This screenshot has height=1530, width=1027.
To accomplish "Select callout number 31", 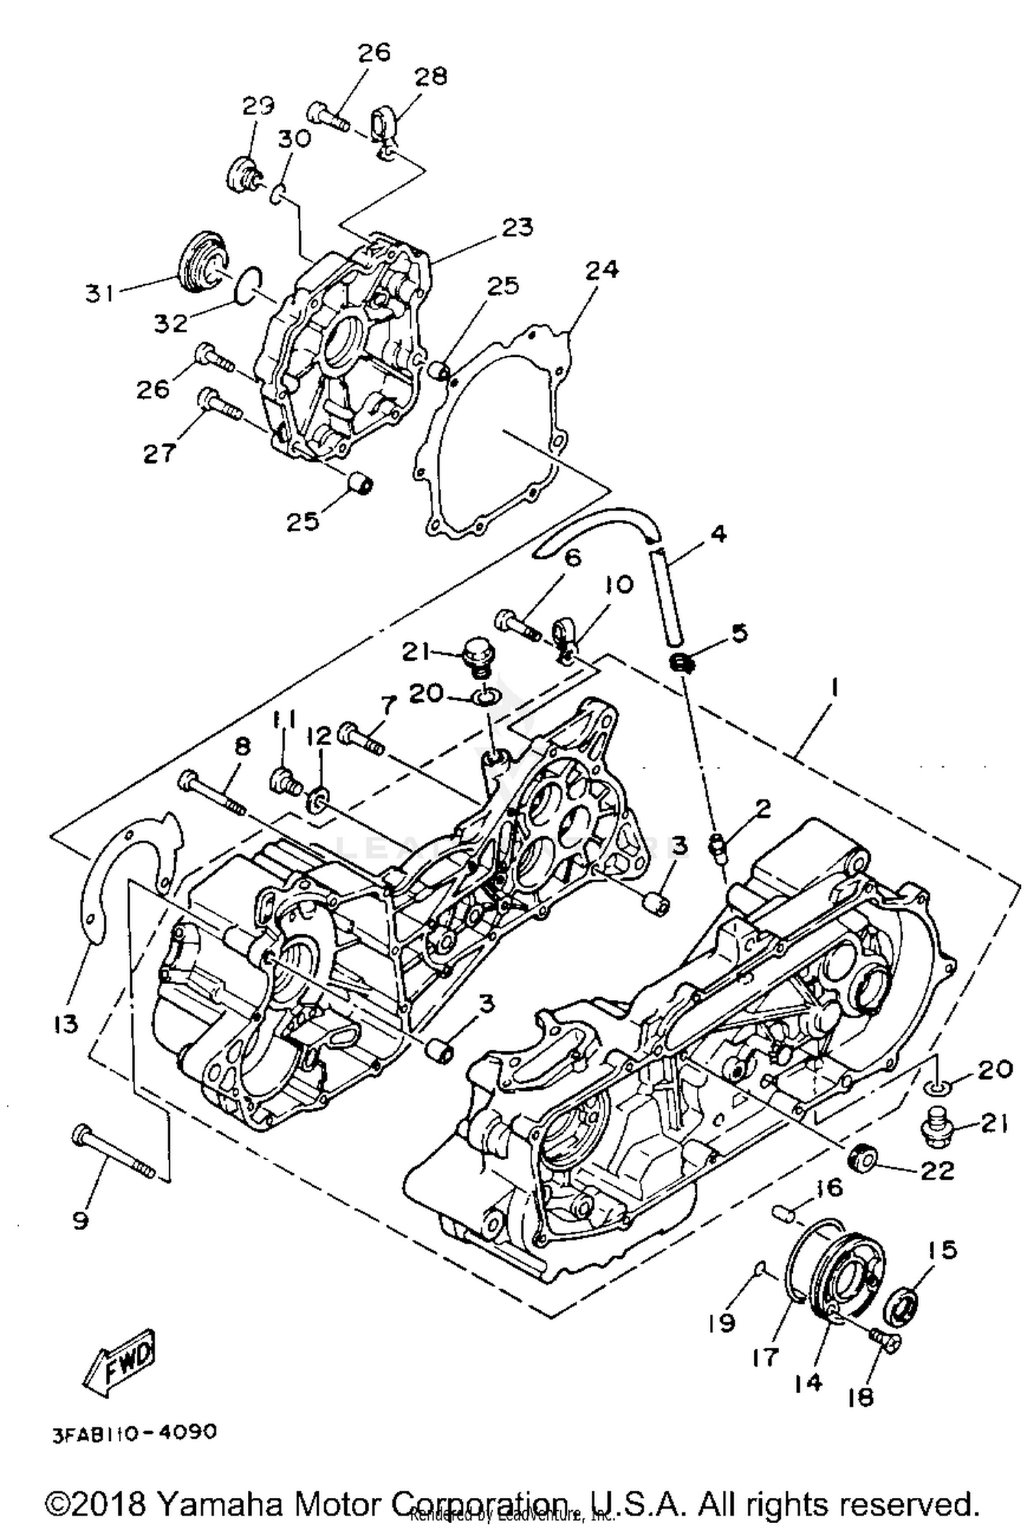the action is click(x=100, y=294).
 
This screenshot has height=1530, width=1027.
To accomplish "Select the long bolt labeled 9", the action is click(x=114, y=1153).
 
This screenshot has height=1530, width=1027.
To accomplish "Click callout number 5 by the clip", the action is click(x=739, y=633).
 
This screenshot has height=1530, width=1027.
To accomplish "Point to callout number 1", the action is click(x=834, y=687).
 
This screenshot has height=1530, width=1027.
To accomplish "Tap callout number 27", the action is click(x=159, y=452).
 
